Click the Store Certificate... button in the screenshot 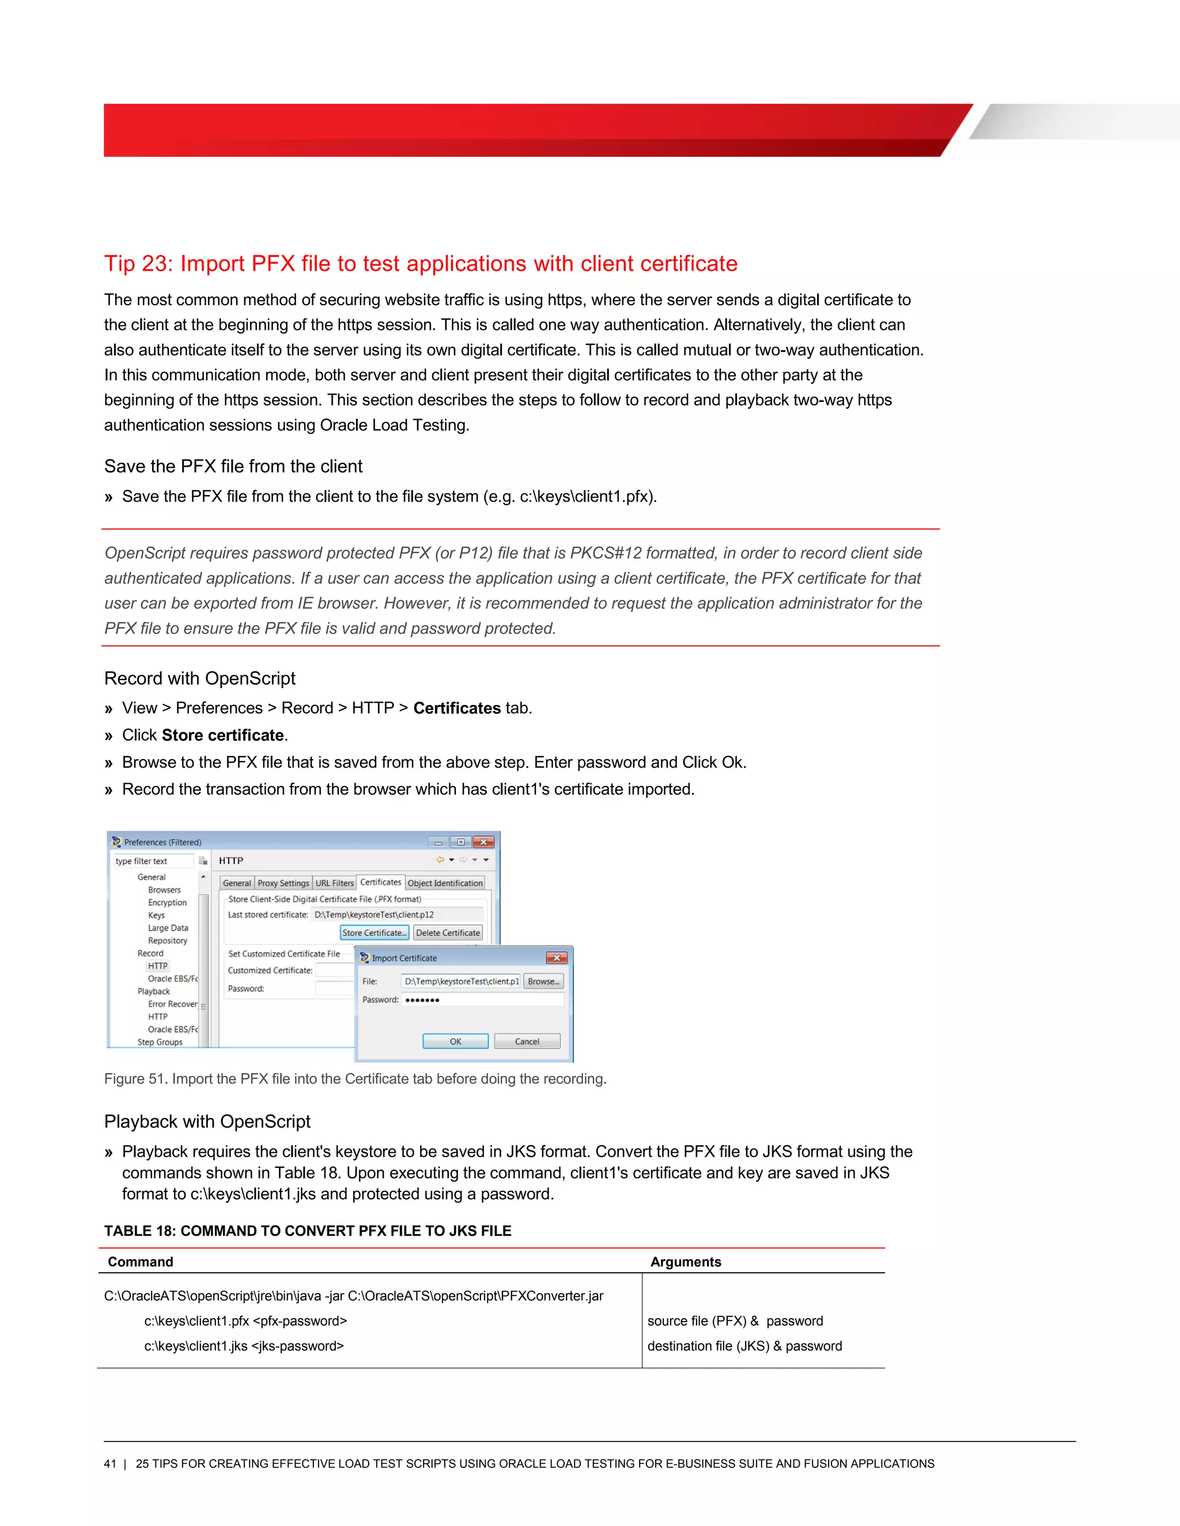coord(374,933)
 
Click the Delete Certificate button coord(447,933)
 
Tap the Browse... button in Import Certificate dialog coord(543,982)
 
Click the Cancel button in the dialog coord(527,1042)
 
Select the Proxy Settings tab coord(283,883)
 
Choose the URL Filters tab coord(334,883)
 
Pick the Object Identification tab coord(445,883)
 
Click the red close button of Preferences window coord(483,842)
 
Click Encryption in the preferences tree coord(167,903)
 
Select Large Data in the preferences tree coord(168,928)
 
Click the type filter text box coord(153,861)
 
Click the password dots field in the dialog coord(482,1000)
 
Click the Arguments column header coord(685,1262)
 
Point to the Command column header coord(141,1262)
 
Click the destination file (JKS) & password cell coord(744,1346)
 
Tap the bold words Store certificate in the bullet coord(222,735)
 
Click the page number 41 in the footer coord(109,1464)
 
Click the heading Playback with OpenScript coord(207,1121)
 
